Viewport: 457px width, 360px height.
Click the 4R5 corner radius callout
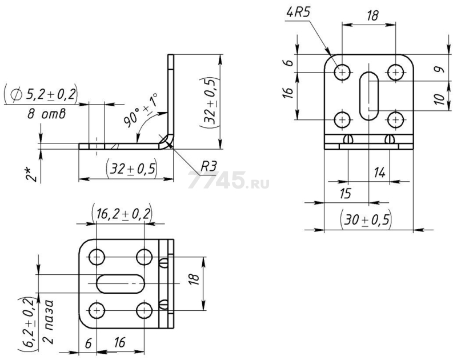(x=297, y=14)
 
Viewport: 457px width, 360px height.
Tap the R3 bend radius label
(x=209, y=166)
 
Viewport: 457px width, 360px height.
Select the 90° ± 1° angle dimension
(x=141, y=110)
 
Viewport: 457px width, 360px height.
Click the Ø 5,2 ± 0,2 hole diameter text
(x=41, y=95)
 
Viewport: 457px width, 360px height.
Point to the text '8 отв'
(x=47, y=114)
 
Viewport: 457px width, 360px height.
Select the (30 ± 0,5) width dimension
(x=366, y=220)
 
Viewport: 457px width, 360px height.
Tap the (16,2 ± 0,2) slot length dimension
(x=122, y=214)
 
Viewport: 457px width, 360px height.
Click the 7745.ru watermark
(x=228, y=180)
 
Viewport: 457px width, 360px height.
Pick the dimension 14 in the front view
(x=379, y=173)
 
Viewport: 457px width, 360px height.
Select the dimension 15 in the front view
(x=346, y=194)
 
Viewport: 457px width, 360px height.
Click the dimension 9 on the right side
(x=440, y=69)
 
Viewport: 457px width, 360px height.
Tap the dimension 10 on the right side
(x=440, y=99)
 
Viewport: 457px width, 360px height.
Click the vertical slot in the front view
(x=369, y=96)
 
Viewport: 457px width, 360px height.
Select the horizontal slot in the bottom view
(x=121, y=283)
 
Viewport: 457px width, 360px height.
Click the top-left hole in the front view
(x=342, y=71)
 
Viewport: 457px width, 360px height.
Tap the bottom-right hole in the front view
(x=395, y=119)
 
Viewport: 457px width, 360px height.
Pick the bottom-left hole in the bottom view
(x=97, y=310)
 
